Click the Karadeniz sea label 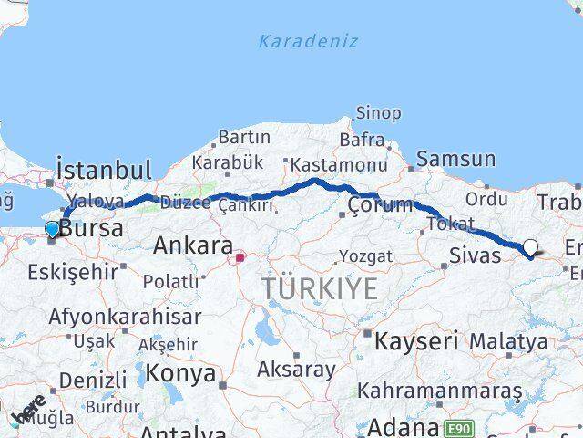click(308, 41)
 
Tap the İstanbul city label click(103, 170)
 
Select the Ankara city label click(192, 245)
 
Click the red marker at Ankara click(240, 257)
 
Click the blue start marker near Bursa click(52, 230)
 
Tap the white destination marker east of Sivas click(530, 246)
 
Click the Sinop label click(378, 113)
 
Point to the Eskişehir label click(73, 271)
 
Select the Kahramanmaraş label click(440, 391)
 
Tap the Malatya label click(508, 341)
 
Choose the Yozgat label click(365, 255)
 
